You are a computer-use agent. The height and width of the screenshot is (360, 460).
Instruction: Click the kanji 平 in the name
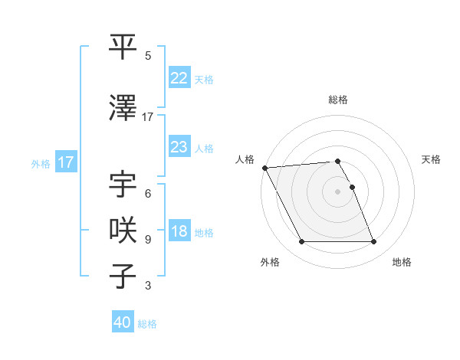(123, 47)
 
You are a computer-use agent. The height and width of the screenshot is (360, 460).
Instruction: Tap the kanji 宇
(123, 186)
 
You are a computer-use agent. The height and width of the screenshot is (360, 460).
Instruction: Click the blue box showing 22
(179, 78)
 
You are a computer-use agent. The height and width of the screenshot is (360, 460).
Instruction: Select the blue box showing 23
(179, 147)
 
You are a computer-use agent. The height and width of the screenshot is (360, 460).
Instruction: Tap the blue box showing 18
(179, 232)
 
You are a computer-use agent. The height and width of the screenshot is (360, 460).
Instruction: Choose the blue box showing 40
(123, 322)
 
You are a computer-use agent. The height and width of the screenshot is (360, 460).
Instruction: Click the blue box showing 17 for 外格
(65, 162)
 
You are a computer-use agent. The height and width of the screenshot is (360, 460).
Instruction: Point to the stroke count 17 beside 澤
(148, 117)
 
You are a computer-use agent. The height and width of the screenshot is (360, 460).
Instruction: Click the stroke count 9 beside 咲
(148, 240)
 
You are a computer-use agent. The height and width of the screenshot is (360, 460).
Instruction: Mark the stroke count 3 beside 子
(148, 286)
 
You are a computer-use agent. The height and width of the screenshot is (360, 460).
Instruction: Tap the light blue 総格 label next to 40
(147, 324)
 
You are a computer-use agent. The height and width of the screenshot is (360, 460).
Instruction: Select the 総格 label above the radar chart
(337, 100)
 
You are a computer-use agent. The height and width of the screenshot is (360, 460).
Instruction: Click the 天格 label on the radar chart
(431, 159)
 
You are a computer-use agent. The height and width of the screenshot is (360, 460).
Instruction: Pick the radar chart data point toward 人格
(264, 168)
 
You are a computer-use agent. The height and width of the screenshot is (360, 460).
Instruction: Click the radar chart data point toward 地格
(373, 242)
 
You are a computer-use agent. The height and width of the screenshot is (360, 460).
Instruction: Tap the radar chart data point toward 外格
(301, 242)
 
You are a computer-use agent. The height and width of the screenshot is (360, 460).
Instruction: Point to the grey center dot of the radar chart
(337, 191)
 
